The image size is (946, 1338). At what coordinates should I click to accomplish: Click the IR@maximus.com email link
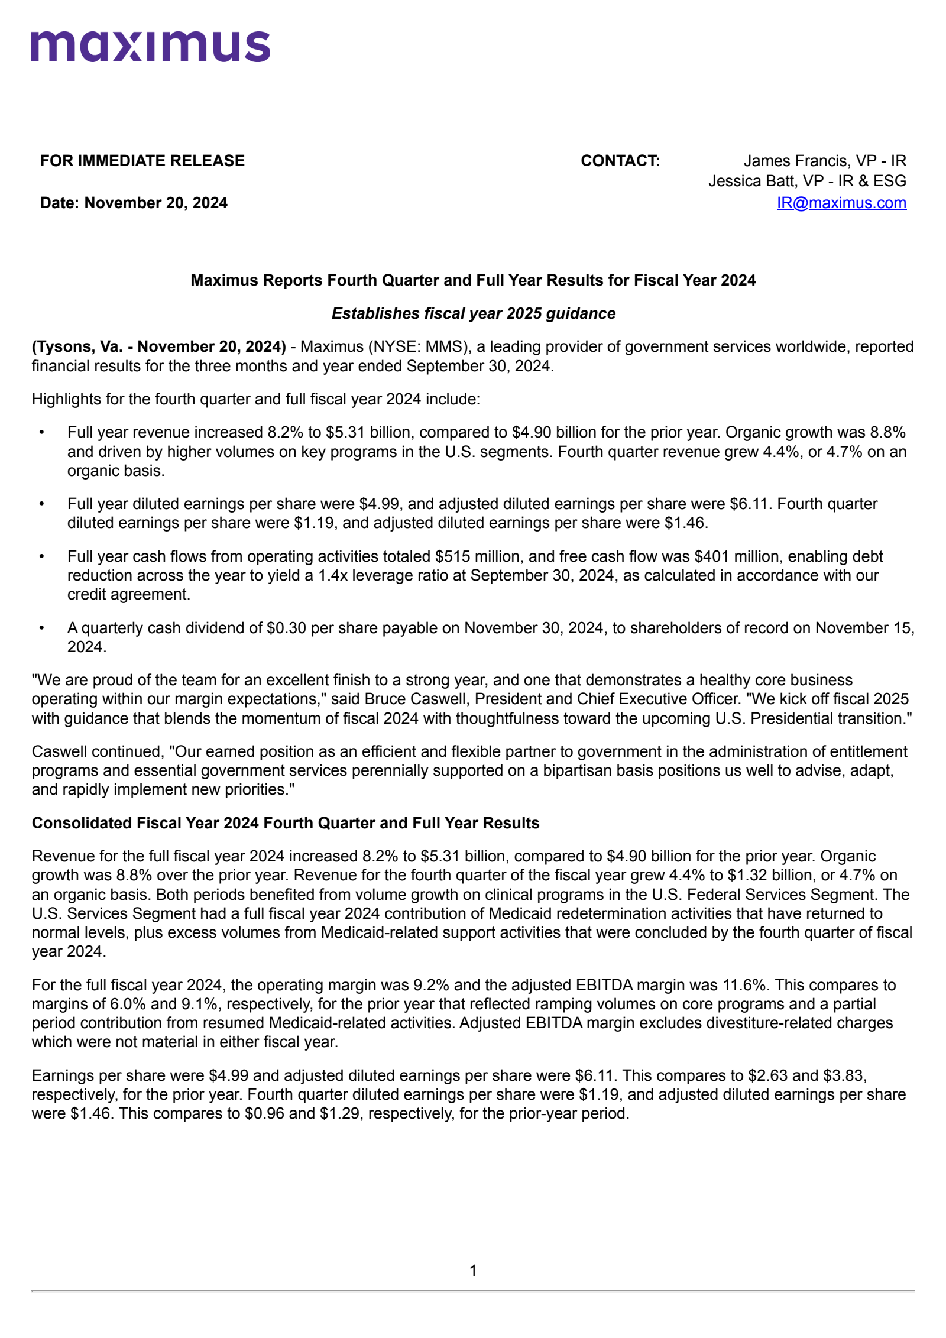841,203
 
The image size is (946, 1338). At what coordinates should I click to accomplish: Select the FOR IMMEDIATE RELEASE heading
142,161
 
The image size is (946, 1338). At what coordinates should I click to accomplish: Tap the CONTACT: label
620,161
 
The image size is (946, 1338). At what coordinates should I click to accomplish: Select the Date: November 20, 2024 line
134,203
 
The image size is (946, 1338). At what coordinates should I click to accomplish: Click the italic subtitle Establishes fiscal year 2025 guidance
473,313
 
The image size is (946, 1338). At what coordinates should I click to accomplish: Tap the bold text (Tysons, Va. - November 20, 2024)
158,346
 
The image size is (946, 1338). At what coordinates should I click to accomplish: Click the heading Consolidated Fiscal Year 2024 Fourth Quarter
285,823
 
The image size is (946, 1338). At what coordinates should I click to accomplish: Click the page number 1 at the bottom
473,1271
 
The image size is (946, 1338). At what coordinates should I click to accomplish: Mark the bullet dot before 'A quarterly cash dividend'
42,628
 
